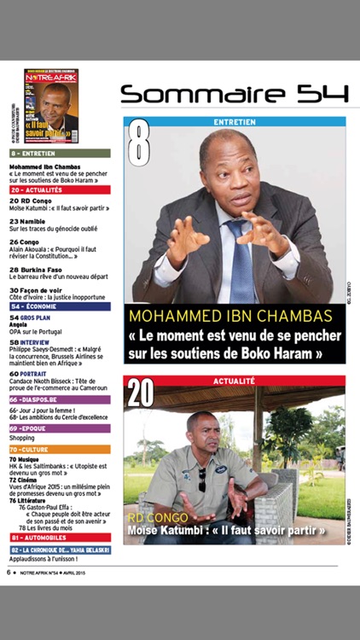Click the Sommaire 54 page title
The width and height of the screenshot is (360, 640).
[x=234, y=93]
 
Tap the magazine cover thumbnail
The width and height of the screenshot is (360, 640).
[x=51, y=106]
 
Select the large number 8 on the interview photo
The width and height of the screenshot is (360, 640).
[x=139, y=144]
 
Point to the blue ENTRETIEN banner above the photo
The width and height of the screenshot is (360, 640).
[x=235, y=121]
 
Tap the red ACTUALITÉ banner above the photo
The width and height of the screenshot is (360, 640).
[x=235, y=381]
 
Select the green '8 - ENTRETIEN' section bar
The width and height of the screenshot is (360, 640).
[x=60, y=153]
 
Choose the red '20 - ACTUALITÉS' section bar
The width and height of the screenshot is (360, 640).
[x=60, y=190]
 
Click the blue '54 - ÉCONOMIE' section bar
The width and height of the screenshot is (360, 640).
[x=60, y=305]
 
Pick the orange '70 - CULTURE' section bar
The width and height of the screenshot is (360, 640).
[x=60, y=449]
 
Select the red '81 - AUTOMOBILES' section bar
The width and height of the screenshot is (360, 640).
[x=60, y=538]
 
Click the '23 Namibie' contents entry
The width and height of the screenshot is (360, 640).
[x=27, y=221]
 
